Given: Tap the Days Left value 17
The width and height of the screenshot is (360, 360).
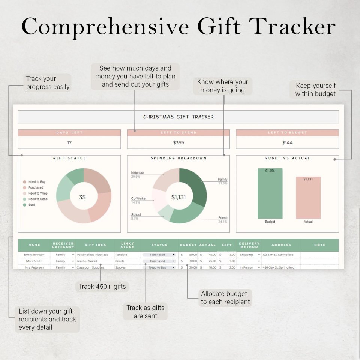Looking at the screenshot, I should [69, 142].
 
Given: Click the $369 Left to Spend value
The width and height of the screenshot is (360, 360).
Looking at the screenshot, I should [178, 142].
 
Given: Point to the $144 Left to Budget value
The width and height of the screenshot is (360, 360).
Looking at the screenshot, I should [287, 142].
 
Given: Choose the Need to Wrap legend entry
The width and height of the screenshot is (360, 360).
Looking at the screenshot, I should [37, 193].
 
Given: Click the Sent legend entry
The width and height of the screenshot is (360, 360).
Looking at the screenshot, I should [31, 205].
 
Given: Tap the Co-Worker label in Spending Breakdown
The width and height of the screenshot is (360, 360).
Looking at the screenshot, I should [139, 199].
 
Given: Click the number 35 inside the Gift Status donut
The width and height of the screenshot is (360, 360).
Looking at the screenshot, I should [82, 197].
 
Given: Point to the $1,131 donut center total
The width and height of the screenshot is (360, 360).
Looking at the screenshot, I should [178, 197].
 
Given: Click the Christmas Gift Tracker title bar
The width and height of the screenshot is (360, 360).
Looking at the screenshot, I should [178, 117].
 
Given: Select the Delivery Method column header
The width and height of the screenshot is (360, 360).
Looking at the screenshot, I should [249, 245].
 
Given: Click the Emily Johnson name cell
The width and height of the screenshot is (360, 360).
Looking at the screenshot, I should [34, 255].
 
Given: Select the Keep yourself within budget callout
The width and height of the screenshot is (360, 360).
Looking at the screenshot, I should [315, 90].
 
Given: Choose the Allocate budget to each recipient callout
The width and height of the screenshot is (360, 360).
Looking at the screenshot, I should [225, 298].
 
